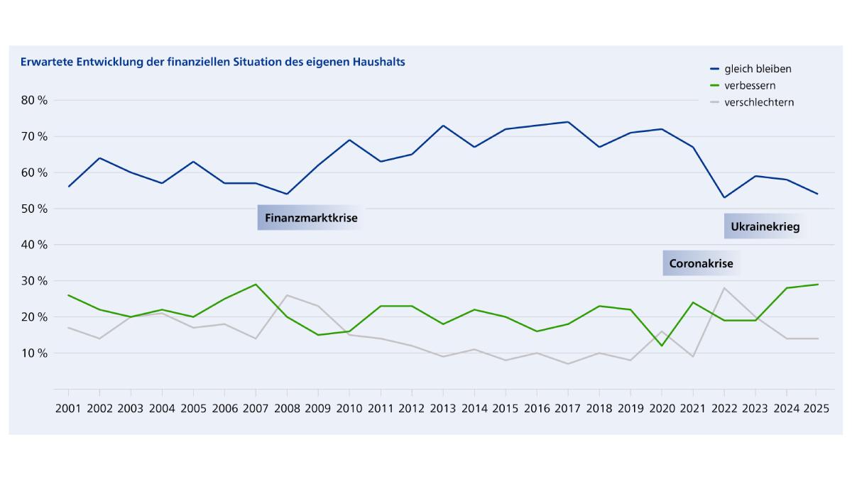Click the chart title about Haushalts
(213, 62)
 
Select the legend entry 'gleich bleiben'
(758, 69)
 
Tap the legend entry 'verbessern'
(749, 85)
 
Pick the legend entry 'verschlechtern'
(759, 102)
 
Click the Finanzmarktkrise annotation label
(311, 218)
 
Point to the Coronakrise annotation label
(701, 264)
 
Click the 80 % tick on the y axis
(34, 100)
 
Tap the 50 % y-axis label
(34, 209)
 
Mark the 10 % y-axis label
(34, 353)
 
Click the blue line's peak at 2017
(568, 122)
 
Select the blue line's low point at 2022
(724, 197)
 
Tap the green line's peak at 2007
(256, 285)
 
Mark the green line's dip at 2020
(662, 346)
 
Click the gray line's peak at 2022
(724, 287)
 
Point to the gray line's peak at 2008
(287, 295)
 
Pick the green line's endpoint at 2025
(817, 285)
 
